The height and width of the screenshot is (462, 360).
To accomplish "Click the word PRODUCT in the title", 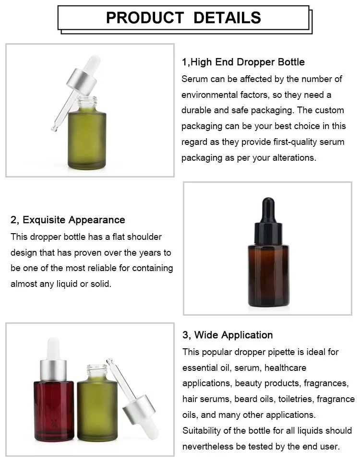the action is tap(145, 18).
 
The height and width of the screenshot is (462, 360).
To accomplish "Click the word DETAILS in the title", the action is tap(228, 18).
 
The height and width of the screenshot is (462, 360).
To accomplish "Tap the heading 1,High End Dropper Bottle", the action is tap(243, 62).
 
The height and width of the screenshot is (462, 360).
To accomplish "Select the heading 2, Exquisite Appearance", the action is tap(68, 220).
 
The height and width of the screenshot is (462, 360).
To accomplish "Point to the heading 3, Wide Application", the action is tap(228, 335).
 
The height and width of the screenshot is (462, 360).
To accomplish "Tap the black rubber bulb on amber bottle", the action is tap(268, 209).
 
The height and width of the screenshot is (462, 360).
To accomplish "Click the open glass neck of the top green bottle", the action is tap(87, 102).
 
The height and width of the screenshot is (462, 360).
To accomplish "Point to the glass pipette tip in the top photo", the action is tap(55, 128).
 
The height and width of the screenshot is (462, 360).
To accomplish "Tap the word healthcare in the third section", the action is tap(285, 367).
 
